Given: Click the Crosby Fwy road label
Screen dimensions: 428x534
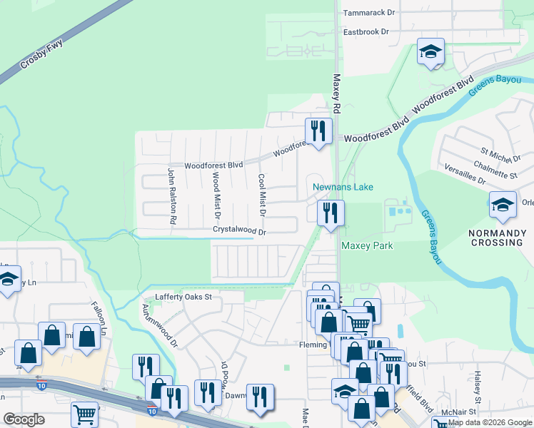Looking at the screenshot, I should (41, 53).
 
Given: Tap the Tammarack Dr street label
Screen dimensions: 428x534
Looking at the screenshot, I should (369, 13).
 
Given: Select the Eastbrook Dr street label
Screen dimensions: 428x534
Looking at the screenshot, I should (366, 32).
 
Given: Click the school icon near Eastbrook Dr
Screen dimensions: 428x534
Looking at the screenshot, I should (430, 52).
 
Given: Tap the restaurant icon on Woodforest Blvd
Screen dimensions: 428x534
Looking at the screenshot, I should (318, 131).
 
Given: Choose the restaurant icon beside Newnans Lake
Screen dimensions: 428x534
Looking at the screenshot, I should (331, 213).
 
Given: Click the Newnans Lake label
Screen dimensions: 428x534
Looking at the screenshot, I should (343, 188).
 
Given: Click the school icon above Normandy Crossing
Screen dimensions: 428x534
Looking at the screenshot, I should (503, 205).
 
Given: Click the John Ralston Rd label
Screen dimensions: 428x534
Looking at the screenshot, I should (172, 196).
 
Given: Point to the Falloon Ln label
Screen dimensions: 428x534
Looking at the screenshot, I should (98, 314).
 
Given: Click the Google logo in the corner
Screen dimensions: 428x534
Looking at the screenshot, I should (24, 419).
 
